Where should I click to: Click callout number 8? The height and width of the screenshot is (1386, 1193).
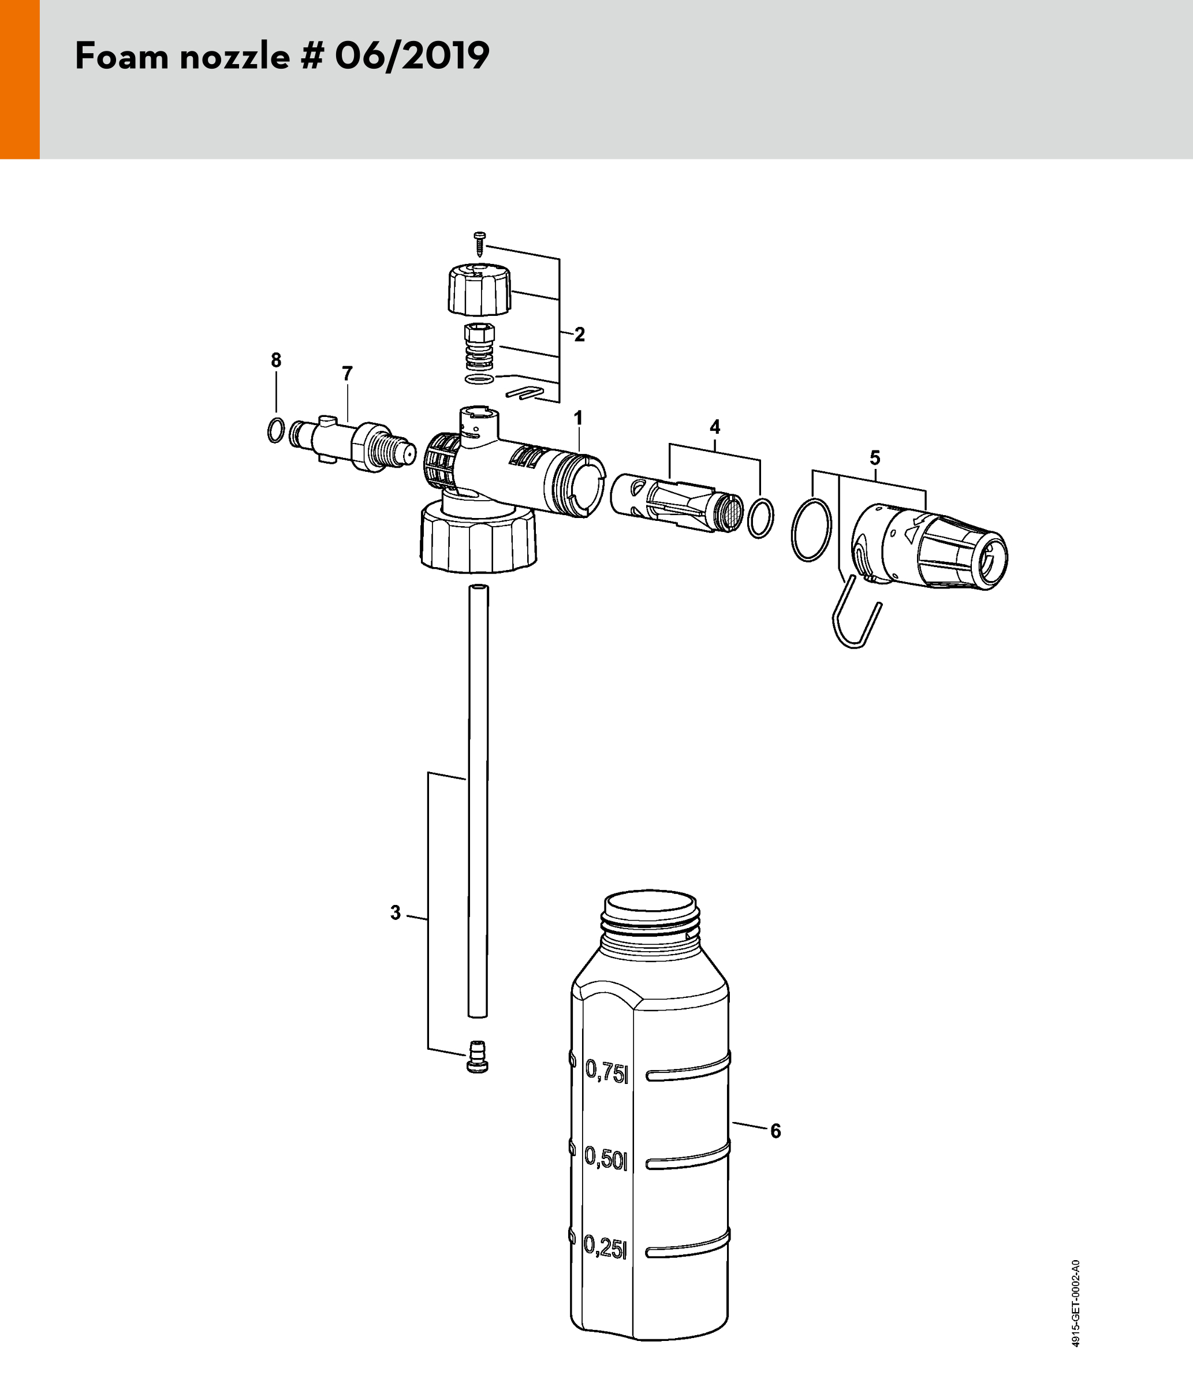[x=276, y=360]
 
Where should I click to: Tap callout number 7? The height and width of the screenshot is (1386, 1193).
[x=346, y=374]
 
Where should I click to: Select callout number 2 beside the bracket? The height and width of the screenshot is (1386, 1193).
[x=580, y=334]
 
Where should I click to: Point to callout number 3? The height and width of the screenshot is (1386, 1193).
[x=395, y=912]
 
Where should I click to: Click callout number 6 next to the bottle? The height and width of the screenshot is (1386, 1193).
[x=776, y=1131]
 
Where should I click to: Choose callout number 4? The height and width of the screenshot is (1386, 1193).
[x=715, y=426]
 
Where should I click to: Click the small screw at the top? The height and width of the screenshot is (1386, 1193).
[x=479, y=244]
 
